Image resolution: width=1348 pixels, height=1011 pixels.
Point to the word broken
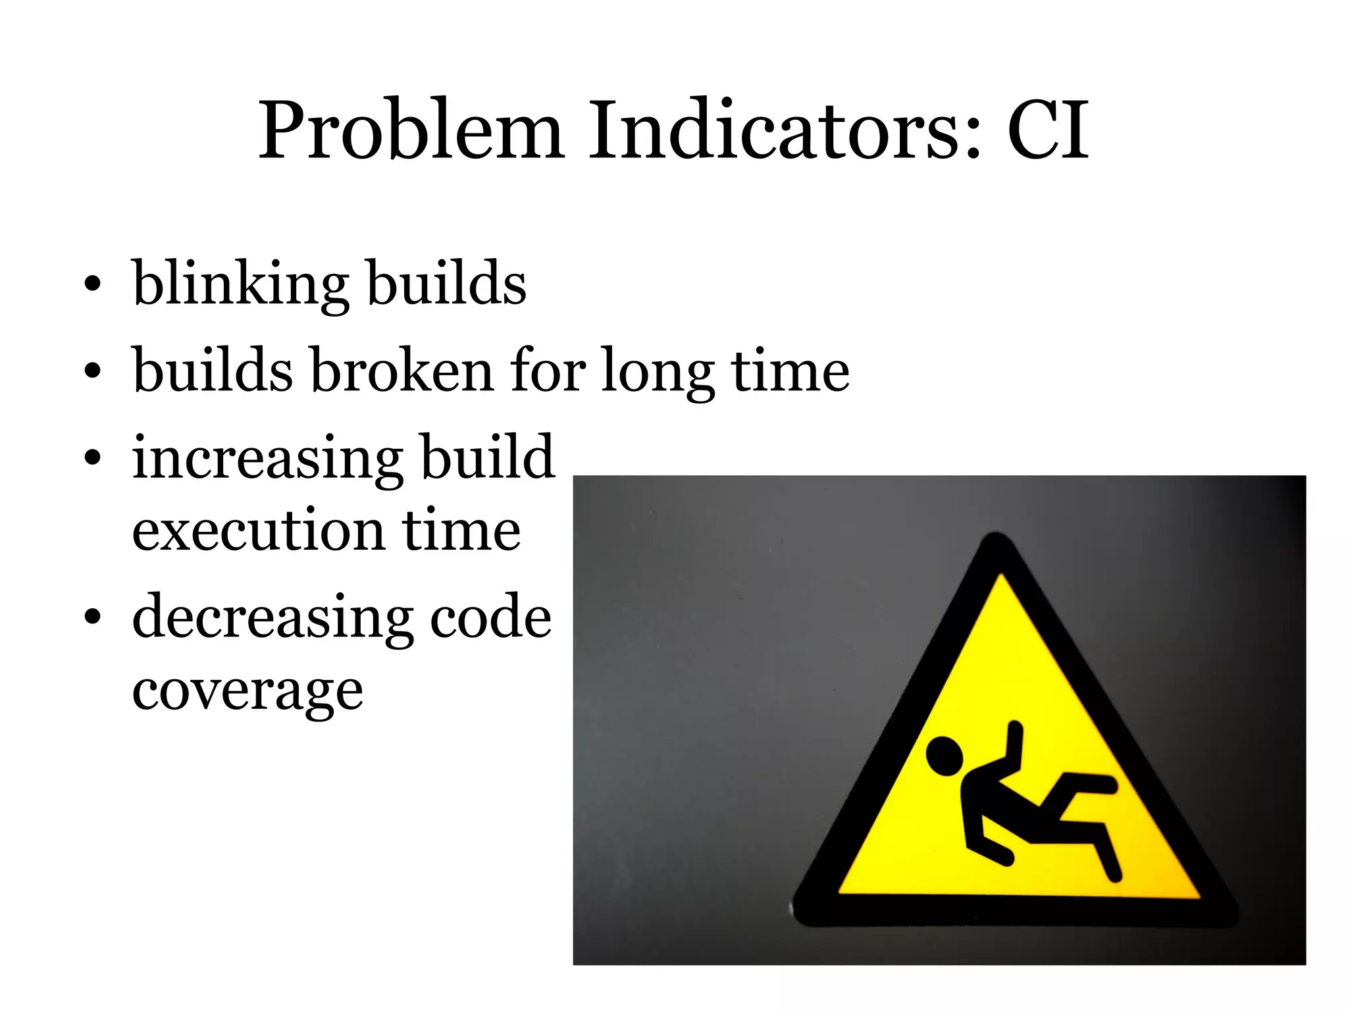[x=402, y=370]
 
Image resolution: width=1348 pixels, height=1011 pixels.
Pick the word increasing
[x=267, y=459]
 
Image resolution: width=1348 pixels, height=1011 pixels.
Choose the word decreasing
[x=272, y=619]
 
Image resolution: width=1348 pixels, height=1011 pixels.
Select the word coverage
[x=247, y=692]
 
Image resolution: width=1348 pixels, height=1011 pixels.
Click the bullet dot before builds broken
[x=93, y=371]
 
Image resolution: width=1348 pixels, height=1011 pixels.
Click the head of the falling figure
[x=945, y=755]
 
